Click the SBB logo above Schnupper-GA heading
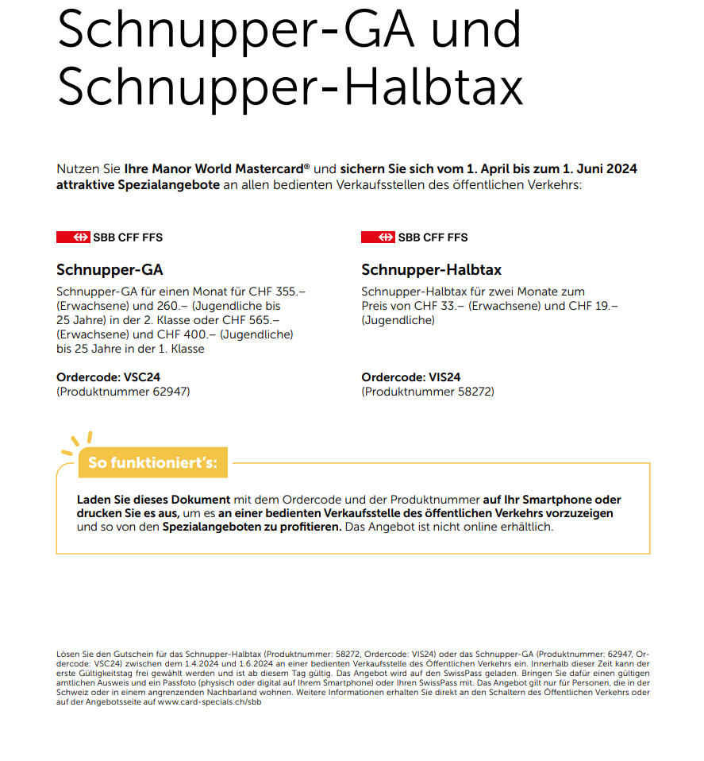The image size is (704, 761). point(110,238)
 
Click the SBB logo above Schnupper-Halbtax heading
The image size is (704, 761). point(414,238)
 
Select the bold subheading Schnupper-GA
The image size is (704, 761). point(110,270)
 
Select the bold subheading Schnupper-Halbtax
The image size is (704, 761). point(431,270)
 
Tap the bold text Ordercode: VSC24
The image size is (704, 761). point(109,377)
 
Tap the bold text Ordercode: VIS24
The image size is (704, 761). point(411,377)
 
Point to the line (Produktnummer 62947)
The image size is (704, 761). point(123,391)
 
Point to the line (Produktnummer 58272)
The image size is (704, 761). point(428,391)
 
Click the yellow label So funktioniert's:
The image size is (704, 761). point(152,462)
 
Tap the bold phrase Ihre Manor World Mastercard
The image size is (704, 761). point(217,169)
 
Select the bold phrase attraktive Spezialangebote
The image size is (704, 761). point(137,184)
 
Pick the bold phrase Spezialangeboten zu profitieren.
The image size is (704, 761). point(252,527)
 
